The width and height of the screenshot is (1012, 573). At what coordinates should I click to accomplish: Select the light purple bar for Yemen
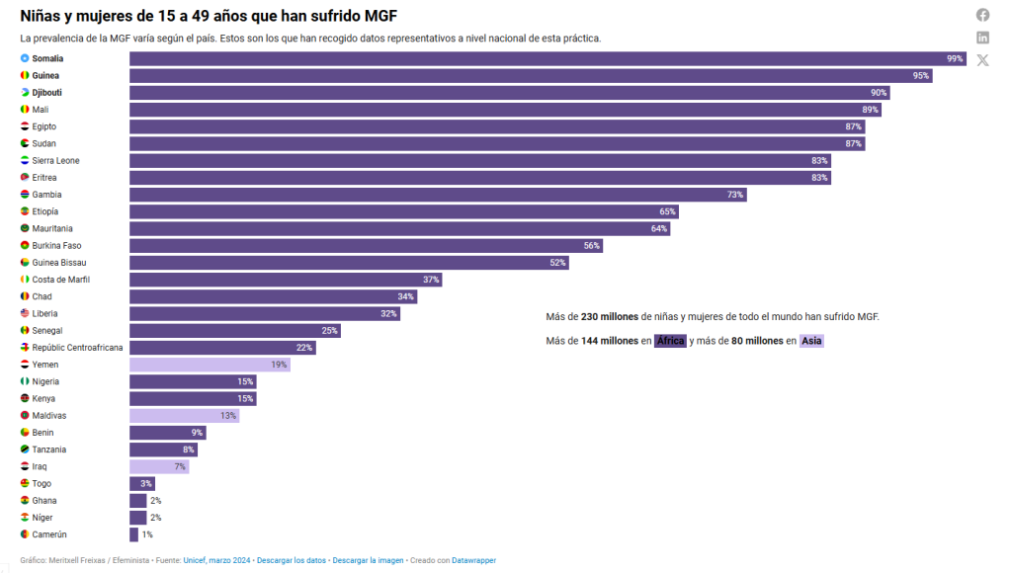pyautogui.click(x=209, y=365)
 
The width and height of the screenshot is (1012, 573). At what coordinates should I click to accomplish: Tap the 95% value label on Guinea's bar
pyautogui.click(x=921, y=75)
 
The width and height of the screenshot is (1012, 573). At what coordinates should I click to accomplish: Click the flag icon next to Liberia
pyautogui.click(x=25, y=313)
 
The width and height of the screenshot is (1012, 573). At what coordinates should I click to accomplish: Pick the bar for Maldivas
pyautogui.click(x=184, y=416)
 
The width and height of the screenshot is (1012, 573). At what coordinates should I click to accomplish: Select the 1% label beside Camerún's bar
pyautogui.click(x=147, y=534)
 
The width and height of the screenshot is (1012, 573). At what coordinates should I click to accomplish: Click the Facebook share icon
pyautogui.click(x=982, y=15)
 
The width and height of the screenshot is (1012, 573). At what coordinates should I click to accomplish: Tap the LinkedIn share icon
pyautogui.click(x=982, y=38)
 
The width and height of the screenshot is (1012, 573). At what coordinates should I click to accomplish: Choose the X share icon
pyautogui.click(x=982, y=60)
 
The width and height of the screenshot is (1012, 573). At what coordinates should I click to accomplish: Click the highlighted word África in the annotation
pyautogui.click(x=671, y=341)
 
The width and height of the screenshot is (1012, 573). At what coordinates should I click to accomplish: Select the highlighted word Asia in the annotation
pyautogui.click(x=811, y=341)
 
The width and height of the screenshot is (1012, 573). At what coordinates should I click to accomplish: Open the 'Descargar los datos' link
pyautogui.click(x=291, y=561)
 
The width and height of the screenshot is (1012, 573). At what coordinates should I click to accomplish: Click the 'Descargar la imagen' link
pyautogui.click(x=368, y=561)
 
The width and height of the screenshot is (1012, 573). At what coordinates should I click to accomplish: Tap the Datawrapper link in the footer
pyautogui.click(x=473, y=561)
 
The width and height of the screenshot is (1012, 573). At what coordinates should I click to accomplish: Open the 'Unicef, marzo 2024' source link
pyautogui.click(x=216, y=561)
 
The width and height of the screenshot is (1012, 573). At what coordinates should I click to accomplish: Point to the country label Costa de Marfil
pyautogui.click(x=61, y=280)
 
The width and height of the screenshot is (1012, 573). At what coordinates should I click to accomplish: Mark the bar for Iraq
pyautogui.click(x=159, y=466)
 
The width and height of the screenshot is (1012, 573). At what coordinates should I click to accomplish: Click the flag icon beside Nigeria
pyautogui.click(x=25, y=381)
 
